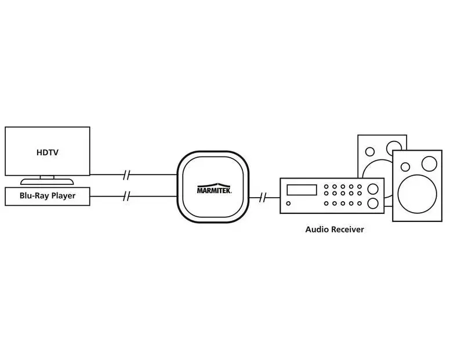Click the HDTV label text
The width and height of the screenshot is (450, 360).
pyautogui.click(x=48, y=152)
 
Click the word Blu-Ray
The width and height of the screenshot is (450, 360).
pyautogui.click(x=34, y=196)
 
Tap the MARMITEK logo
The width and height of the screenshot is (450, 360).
pyautogui.click(x=213, y=190)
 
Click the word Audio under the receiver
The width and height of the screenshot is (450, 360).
pyautogui.click(x=317, y=230)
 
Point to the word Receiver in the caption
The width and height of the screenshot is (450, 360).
pyautogui.click(x=347, y=230)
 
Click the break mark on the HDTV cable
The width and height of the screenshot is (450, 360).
pyautogui.click(x=126, y=174)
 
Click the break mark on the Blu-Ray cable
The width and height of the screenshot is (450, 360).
pyautogui.click(x=126, y=197)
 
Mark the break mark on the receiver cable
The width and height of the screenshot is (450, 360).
pyautogui.click(x=263, y=198)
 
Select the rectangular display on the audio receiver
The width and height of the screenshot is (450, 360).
pyautogui.click(x=302, y=190)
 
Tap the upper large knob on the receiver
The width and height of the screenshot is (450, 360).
pyautogui.click(x=372, y=188)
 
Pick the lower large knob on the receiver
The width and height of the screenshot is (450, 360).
pyautogui.click(x=372, y=203)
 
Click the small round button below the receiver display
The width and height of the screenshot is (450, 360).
pyautogui.click(x=289, y=203)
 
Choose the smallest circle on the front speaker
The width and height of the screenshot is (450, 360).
pyautogui.click(x=405, y=166)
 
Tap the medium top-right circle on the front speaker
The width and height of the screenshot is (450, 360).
pyautogui.click(x=429, y=163)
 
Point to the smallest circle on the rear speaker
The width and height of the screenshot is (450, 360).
pyautogui.click(x=369, y=151)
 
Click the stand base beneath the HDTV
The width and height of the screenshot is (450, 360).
pyautogui.click(x=48, y=181)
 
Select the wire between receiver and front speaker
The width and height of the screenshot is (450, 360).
pyautogui.click(x=389, y=205)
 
